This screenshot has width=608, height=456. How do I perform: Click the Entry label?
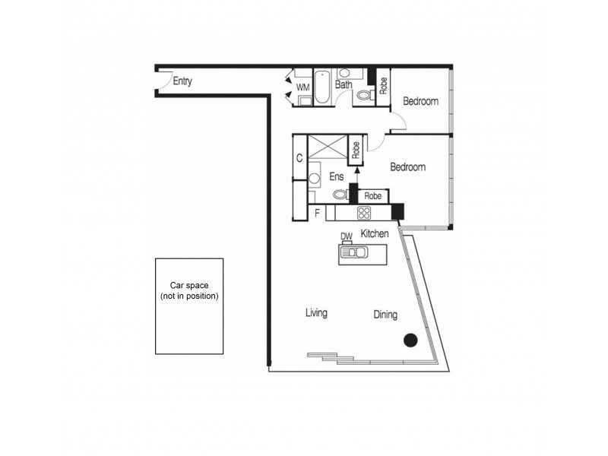(182, 81)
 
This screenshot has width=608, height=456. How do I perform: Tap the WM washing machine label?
(303, 87)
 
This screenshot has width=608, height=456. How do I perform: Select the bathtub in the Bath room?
(322, 87)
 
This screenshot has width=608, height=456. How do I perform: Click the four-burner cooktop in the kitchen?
(364, 213)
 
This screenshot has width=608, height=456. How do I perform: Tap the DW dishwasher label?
(347, 236)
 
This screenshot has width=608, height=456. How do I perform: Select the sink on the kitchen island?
(354, 253)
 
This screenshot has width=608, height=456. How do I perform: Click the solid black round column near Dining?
(410, 340)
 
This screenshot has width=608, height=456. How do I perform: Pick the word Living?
(316, 312)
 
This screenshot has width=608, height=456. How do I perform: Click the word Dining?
(385, 314)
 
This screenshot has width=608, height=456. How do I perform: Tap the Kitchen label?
(375, 234)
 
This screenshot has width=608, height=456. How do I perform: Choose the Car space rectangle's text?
(189, 290)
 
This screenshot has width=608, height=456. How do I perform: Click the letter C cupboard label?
(299, 158)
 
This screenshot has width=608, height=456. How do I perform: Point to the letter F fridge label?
(317, 214)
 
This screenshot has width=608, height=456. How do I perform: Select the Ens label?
(337, 176)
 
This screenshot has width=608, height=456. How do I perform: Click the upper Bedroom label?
(420, 102)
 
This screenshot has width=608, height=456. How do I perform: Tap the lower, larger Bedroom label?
(408, 167)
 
